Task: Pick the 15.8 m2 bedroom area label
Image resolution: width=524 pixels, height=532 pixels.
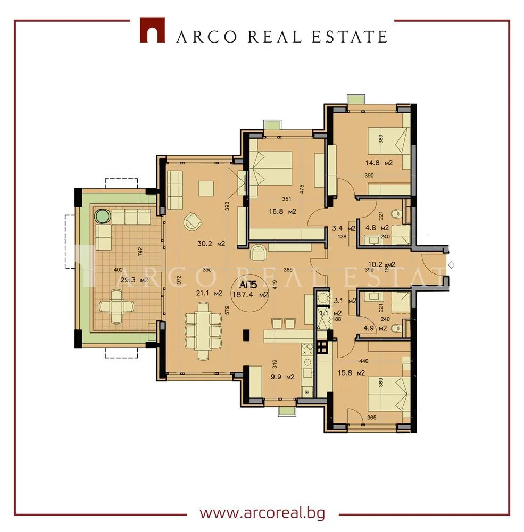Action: click(352, 372)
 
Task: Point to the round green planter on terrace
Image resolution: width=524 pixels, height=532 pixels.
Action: click(103, 216)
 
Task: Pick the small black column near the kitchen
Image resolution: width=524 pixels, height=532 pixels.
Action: click(246, 335)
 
